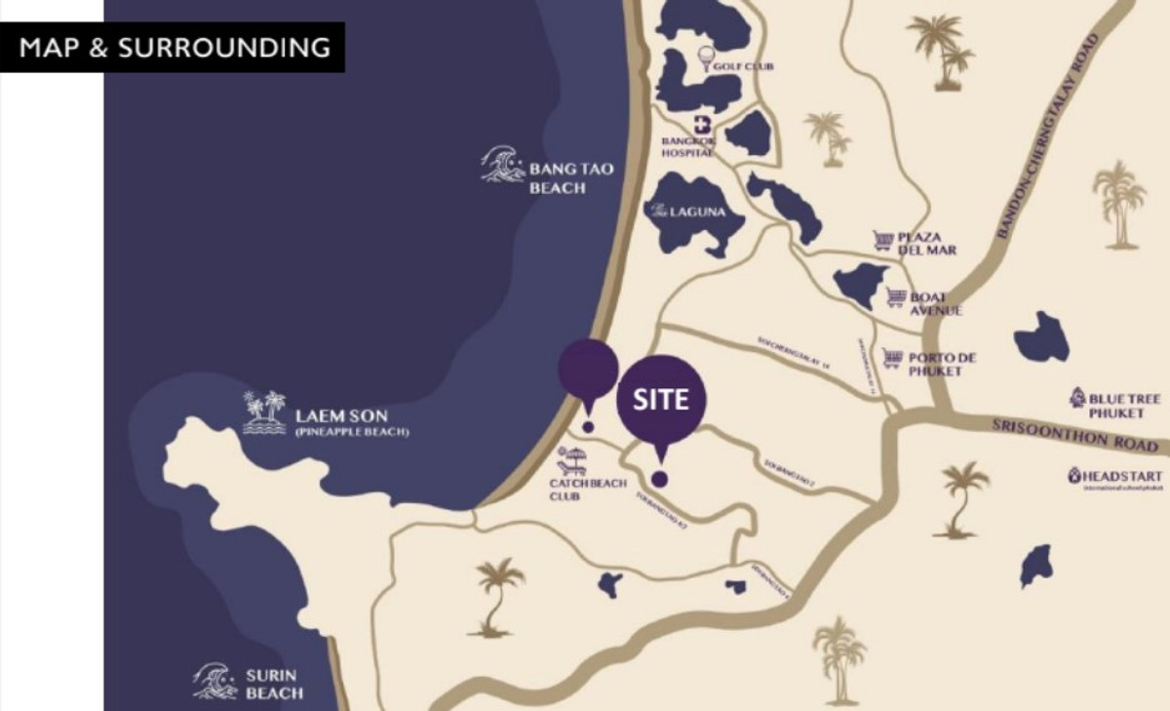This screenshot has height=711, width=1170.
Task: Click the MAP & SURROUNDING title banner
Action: click(172, 47)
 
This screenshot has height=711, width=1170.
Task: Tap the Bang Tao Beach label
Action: click(570, 178)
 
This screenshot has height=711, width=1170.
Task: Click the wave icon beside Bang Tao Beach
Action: click(503, 165)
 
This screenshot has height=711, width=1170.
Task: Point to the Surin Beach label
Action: click(273, 683)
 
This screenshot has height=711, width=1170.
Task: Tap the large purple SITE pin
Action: click(661, 399)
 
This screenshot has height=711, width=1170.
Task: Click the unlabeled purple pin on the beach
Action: click(588, 371)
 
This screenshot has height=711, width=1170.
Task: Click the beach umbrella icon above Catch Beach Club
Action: click(572, 458)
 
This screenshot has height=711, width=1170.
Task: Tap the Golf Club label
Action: click(744, 66)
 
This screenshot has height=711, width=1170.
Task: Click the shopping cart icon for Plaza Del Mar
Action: click(883, 240)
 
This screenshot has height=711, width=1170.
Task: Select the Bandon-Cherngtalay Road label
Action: click(1048, 137)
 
